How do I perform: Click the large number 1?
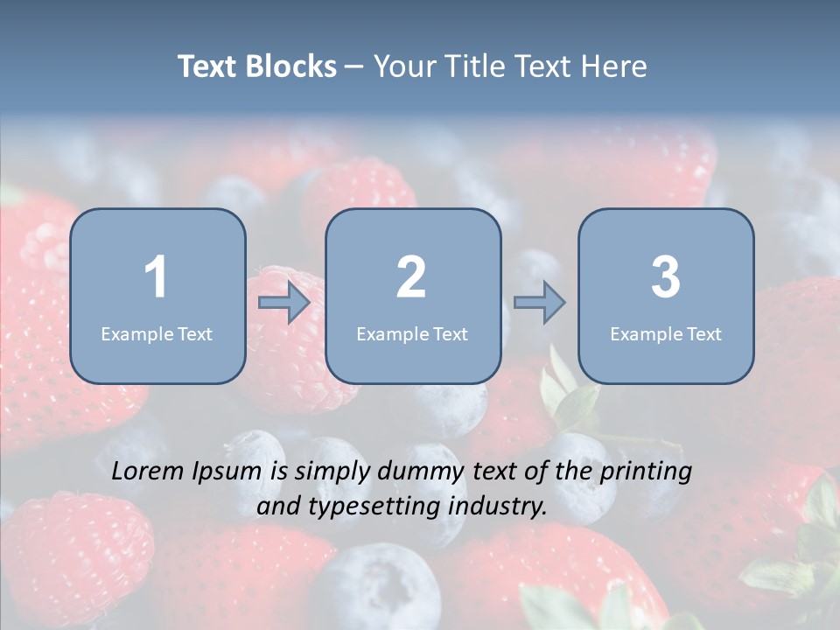[156, 277]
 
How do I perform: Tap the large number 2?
[411, 277]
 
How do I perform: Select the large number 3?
[666, 277]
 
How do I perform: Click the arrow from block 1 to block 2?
[284, 303]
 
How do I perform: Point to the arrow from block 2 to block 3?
[539, 303]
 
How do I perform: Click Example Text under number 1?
[157, 334]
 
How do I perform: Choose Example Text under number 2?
[412, 334]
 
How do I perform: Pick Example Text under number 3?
[666, 334]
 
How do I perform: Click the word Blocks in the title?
[292, 66]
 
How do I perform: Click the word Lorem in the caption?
[149, 472]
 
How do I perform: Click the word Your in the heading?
[403, 66]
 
